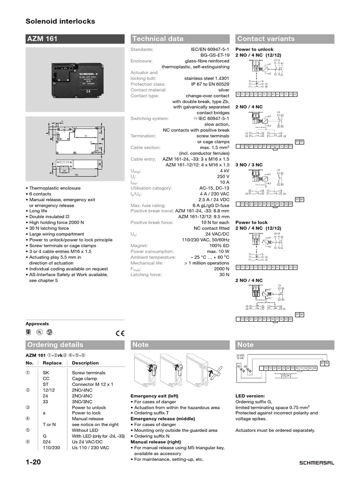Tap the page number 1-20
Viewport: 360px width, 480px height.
[34, 463]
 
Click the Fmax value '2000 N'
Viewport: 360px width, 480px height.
[221, 269]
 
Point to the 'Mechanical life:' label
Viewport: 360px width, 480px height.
[146, 263]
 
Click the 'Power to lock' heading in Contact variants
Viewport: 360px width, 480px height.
[252, 223]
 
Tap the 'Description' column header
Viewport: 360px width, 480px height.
[85, 363]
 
